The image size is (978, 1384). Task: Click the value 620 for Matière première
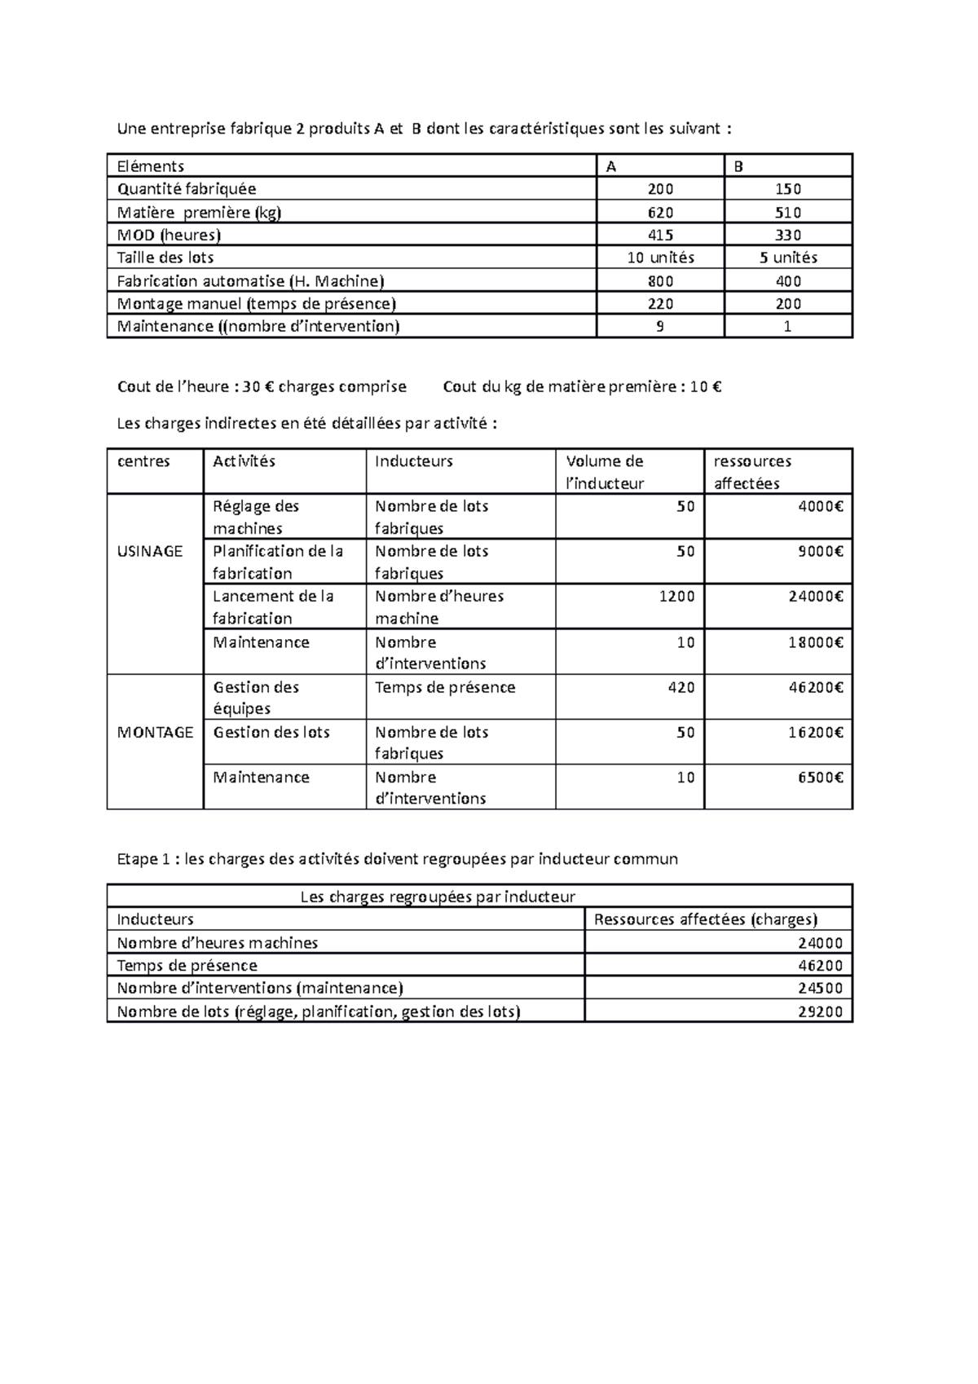tap(660, 213)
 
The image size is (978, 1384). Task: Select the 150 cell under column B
tap(788, 189)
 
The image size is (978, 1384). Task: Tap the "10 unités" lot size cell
tap(660, 258)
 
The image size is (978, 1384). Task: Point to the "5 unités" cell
tap(788, 258)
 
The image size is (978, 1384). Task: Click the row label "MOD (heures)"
tap(169, 236)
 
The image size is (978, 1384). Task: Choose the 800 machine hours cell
tap(660, 281)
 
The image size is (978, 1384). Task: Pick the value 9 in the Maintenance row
tap(660, 327)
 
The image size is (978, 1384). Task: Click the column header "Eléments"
tap(151, 166)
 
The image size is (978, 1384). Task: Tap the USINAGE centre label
tap(150, 551)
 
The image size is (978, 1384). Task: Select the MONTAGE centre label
tap(155, 732)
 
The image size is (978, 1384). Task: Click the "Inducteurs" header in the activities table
tap(413, 461)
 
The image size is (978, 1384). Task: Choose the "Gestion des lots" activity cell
tap(271, 732)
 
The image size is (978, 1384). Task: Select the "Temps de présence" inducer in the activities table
tap(445, 687)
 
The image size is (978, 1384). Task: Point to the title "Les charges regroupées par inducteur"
tap(438, 897)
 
